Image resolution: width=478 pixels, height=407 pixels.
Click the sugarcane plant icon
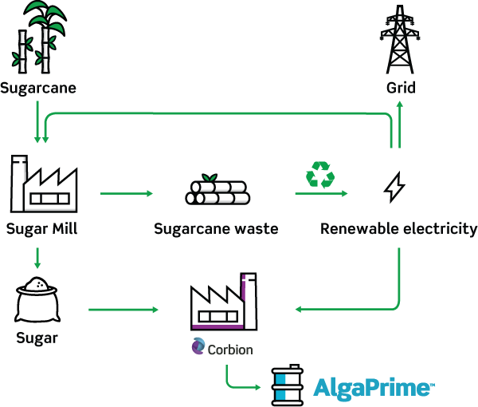(x=38, y=37)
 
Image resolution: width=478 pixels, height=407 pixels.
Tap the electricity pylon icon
(x=400, y=39)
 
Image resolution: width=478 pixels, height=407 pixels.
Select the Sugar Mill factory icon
(x=44, y=184)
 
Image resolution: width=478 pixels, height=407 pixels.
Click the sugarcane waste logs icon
(x=217, y=189)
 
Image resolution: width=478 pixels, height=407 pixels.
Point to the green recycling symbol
(x=320, y=174)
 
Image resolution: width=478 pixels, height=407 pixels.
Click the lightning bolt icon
(x=394, y=188)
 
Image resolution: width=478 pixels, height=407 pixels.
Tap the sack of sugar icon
(x=37, y=299)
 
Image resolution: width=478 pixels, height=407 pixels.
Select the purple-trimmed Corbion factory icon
(x=224, y=302)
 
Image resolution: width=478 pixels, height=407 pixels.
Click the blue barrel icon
(x=287, y=385)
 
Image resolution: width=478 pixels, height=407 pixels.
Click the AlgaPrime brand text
(x=374, y=388)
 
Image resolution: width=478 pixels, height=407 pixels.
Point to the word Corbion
(x=230, y=350)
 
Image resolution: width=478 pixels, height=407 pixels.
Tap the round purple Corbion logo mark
(x=198, y=346)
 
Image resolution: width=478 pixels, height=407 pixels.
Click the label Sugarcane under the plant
(x=38, y=89)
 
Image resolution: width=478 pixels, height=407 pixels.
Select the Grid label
(x=401, y=88)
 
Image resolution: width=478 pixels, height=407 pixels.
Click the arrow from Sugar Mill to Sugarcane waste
(x=127, y=193)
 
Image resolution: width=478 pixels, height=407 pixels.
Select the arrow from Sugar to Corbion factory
(x=123, y=310)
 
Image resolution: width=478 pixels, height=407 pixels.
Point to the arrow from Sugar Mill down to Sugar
(x=37, y=258)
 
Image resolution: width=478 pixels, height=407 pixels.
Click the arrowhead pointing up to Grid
(x=400, y=104)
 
